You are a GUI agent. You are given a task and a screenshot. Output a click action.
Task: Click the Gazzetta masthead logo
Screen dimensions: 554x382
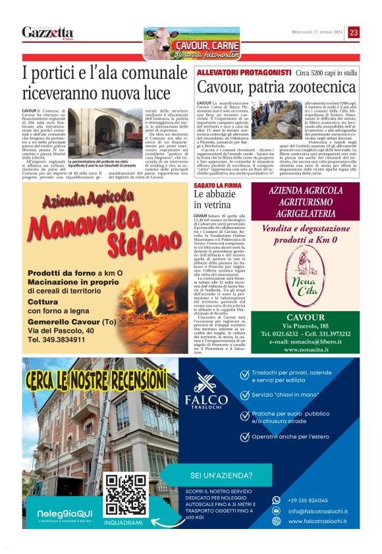point(47,32)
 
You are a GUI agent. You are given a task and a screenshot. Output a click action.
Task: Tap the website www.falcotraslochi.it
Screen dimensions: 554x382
point(318,521)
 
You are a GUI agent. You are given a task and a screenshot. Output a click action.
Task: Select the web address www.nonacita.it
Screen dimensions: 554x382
point(306,351)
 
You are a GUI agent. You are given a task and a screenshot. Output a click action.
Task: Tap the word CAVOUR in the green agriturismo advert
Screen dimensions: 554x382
point(306,316)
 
